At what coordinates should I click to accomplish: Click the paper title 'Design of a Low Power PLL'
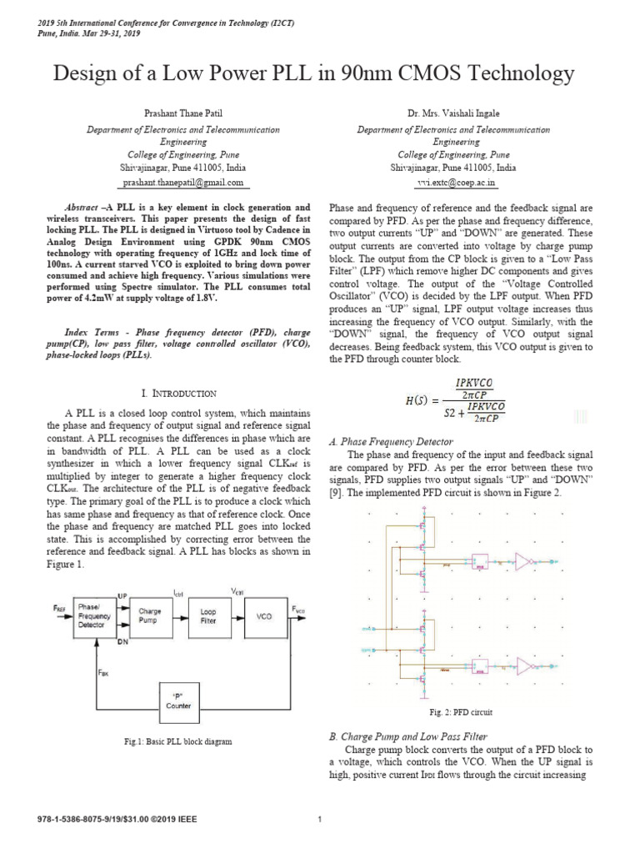point(314,74)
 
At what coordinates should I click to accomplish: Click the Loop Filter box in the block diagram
point(207,616)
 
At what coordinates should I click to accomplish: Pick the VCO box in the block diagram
point(264,616)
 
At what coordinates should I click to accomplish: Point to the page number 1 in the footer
point(320,820)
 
